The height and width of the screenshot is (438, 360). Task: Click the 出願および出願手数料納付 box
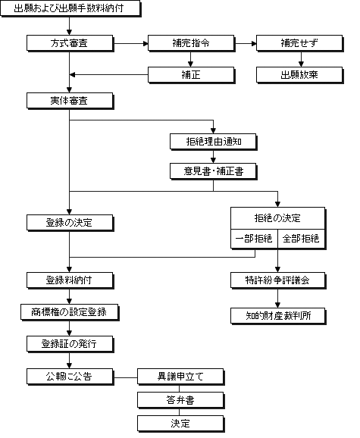70,8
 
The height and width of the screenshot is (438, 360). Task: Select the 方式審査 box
70,43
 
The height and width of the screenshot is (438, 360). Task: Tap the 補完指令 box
191,43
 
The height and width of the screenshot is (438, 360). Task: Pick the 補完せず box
299,43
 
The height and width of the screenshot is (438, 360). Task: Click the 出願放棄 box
299,75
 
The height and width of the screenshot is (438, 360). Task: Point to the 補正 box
191,75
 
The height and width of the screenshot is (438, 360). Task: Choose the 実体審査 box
70,101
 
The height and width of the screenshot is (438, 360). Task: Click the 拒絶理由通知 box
214,142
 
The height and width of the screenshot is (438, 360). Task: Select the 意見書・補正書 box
214,171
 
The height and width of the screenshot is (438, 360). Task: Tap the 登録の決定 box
70,223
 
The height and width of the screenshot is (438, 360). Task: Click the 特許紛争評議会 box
278,280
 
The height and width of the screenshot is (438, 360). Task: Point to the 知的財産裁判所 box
278,316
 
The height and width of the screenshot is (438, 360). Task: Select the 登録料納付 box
70,280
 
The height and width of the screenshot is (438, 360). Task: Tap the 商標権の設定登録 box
70,312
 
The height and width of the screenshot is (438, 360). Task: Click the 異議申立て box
180,377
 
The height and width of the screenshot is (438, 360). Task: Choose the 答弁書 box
180,400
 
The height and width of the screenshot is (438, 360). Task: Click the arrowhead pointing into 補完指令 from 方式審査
146,44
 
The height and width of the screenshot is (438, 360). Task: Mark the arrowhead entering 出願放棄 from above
301,64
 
